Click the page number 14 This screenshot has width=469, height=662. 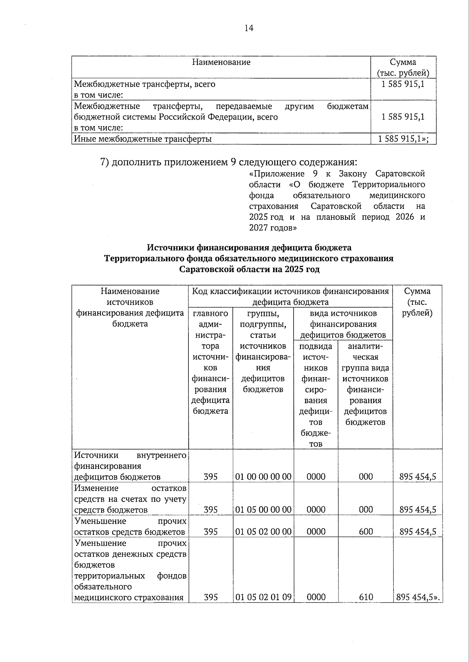(249, 28)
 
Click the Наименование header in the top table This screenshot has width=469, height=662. (221, 62)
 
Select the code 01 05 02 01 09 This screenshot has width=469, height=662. (263, 597)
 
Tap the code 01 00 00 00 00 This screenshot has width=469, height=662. (263, 476)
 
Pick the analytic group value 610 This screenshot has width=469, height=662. (365, 597)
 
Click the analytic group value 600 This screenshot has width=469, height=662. (365, 531)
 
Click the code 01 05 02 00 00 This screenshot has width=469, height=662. (263, 531)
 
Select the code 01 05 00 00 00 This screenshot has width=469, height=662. (263, 509)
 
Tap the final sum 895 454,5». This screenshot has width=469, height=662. (418, 597)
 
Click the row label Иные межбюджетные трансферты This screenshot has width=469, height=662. (143, 139)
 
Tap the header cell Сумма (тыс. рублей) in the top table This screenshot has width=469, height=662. (403, 68)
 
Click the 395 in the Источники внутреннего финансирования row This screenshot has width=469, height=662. (211, 476)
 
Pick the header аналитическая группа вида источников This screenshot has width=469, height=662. (365, 384)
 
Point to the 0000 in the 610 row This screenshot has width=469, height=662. (316, 597)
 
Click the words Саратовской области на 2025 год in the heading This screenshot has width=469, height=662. (249, 269)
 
